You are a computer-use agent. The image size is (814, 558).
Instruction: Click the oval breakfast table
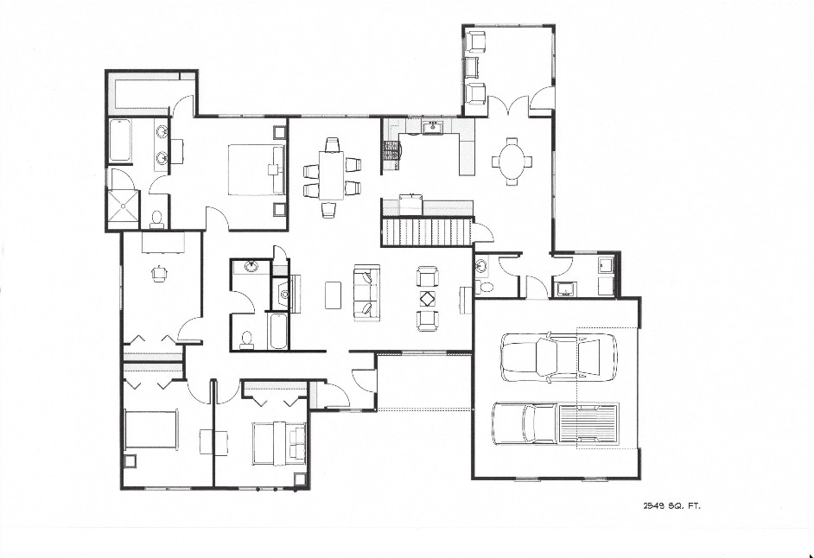tap(512, 161)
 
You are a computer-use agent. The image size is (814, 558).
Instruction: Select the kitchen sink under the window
tap(432, 127)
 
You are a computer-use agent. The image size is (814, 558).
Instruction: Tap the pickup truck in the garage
tap(556, 423)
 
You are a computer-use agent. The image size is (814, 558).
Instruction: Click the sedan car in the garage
tap(559, 357)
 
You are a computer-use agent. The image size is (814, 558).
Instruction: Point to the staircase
tap(427, 231)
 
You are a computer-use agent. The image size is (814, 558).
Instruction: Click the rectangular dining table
tap(332, 174)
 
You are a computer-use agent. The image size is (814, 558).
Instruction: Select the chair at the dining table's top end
tap(332, 143)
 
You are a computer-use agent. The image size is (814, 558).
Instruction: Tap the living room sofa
tap(367, 292)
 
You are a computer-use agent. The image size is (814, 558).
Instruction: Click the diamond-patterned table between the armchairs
tap(428, 299)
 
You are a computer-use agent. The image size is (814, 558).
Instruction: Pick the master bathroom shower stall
tap(124, 206)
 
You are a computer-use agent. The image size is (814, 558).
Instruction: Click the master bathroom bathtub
tap(120, 140)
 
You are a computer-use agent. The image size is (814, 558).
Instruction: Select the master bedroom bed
tap(257, 170)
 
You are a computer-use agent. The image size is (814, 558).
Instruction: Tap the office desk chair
tap(159, 273)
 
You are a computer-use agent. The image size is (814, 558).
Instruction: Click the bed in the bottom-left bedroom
tap(151, 429)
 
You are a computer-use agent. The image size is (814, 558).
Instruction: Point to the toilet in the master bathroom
tap(156, 220)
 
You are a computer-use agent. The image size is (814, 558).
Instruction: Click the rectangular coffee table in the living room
tap(333, 295)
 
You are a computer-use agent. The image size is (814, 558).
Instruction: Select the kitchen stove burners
tap(390, 155)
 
